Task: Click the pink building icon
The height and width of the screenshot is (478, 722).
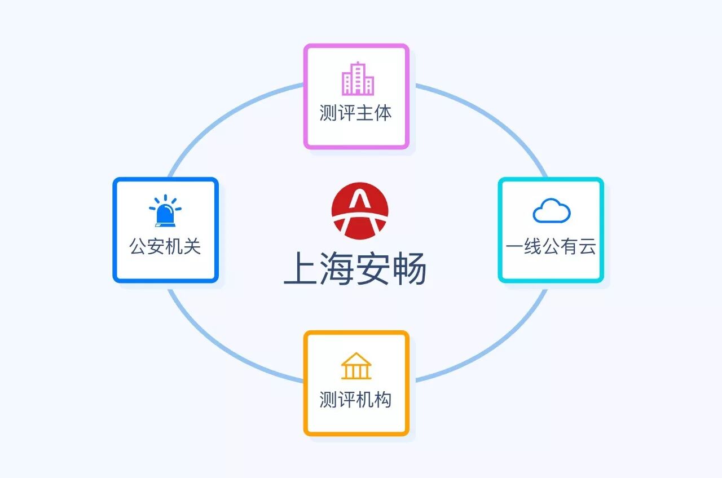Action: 357,79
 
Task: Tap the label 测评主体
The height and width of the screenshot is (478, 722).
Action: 355,113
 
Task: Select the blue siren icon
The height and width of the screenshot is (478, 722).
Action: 165,211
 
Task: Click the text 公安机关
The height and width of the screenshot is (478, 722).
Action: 165,246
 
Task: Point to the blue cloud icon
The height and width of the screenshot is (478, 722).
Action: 551,211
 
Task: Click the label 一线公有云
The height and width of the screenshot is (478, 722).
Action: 551,246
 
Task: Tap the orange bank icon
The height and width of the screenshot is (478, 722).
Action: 356,366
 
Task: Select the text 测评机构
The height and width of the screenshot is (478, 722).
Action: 355,400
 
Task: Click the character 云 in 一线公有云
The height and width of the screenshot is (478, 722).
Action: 587,246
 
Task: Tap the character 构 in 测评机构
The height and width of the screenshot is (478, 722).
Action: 382,400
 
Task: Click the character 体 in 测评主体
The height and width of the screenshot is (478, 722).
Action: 382,113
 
